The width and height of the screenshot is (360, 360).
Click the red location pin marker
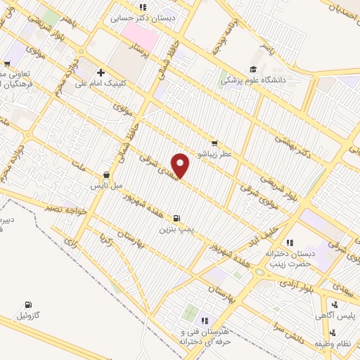pyautogui.click(x=181, y=166)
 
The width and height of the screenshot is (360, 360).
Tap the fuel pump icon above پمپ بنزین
pyautogui.click(x=175, y=217)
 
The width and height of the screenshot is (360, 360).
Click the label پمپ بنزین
pyautogui.click(x=174, y=229)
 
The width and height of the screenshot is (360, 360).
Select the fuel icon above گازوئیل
pyautogui.click(x=27, y=304)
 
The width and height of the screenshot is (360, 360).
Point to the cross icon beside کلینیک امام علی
pyautogui.click(x=101, y=72)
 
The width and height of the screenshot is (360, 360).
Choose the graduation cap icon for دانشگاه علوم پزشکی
pyautogui.click(x=251, y=70)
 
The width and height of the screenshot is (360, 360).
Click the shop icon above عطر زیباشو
pyautogui.click(x=214, y=143)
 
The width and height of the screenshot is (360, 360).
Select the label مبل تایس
pyautogui.click(x=105, y=186)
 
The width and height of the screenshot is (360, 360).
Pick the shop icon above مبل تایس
pyautogui.click(x=106, y=175)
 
